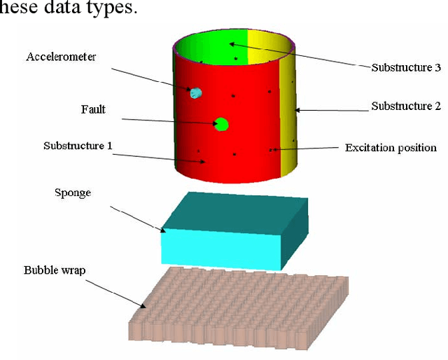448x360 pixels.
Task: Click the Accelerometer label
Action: pos(60,57)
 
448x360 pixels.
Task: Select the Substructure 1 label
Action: pos(78,146)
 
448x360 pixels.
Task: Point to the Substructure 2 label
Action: pos(405,106)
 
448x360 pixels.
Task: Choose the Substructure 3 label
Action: pos(405,68)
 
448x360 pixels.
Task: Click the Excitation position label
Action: pos(391,148)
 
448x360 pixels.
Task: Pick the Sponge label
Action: pos(73,193)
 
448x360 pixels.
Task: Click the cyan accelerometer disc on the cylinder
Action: pos(196,92)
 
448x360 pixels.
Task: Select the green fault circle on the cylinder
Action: pos(222,125)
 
